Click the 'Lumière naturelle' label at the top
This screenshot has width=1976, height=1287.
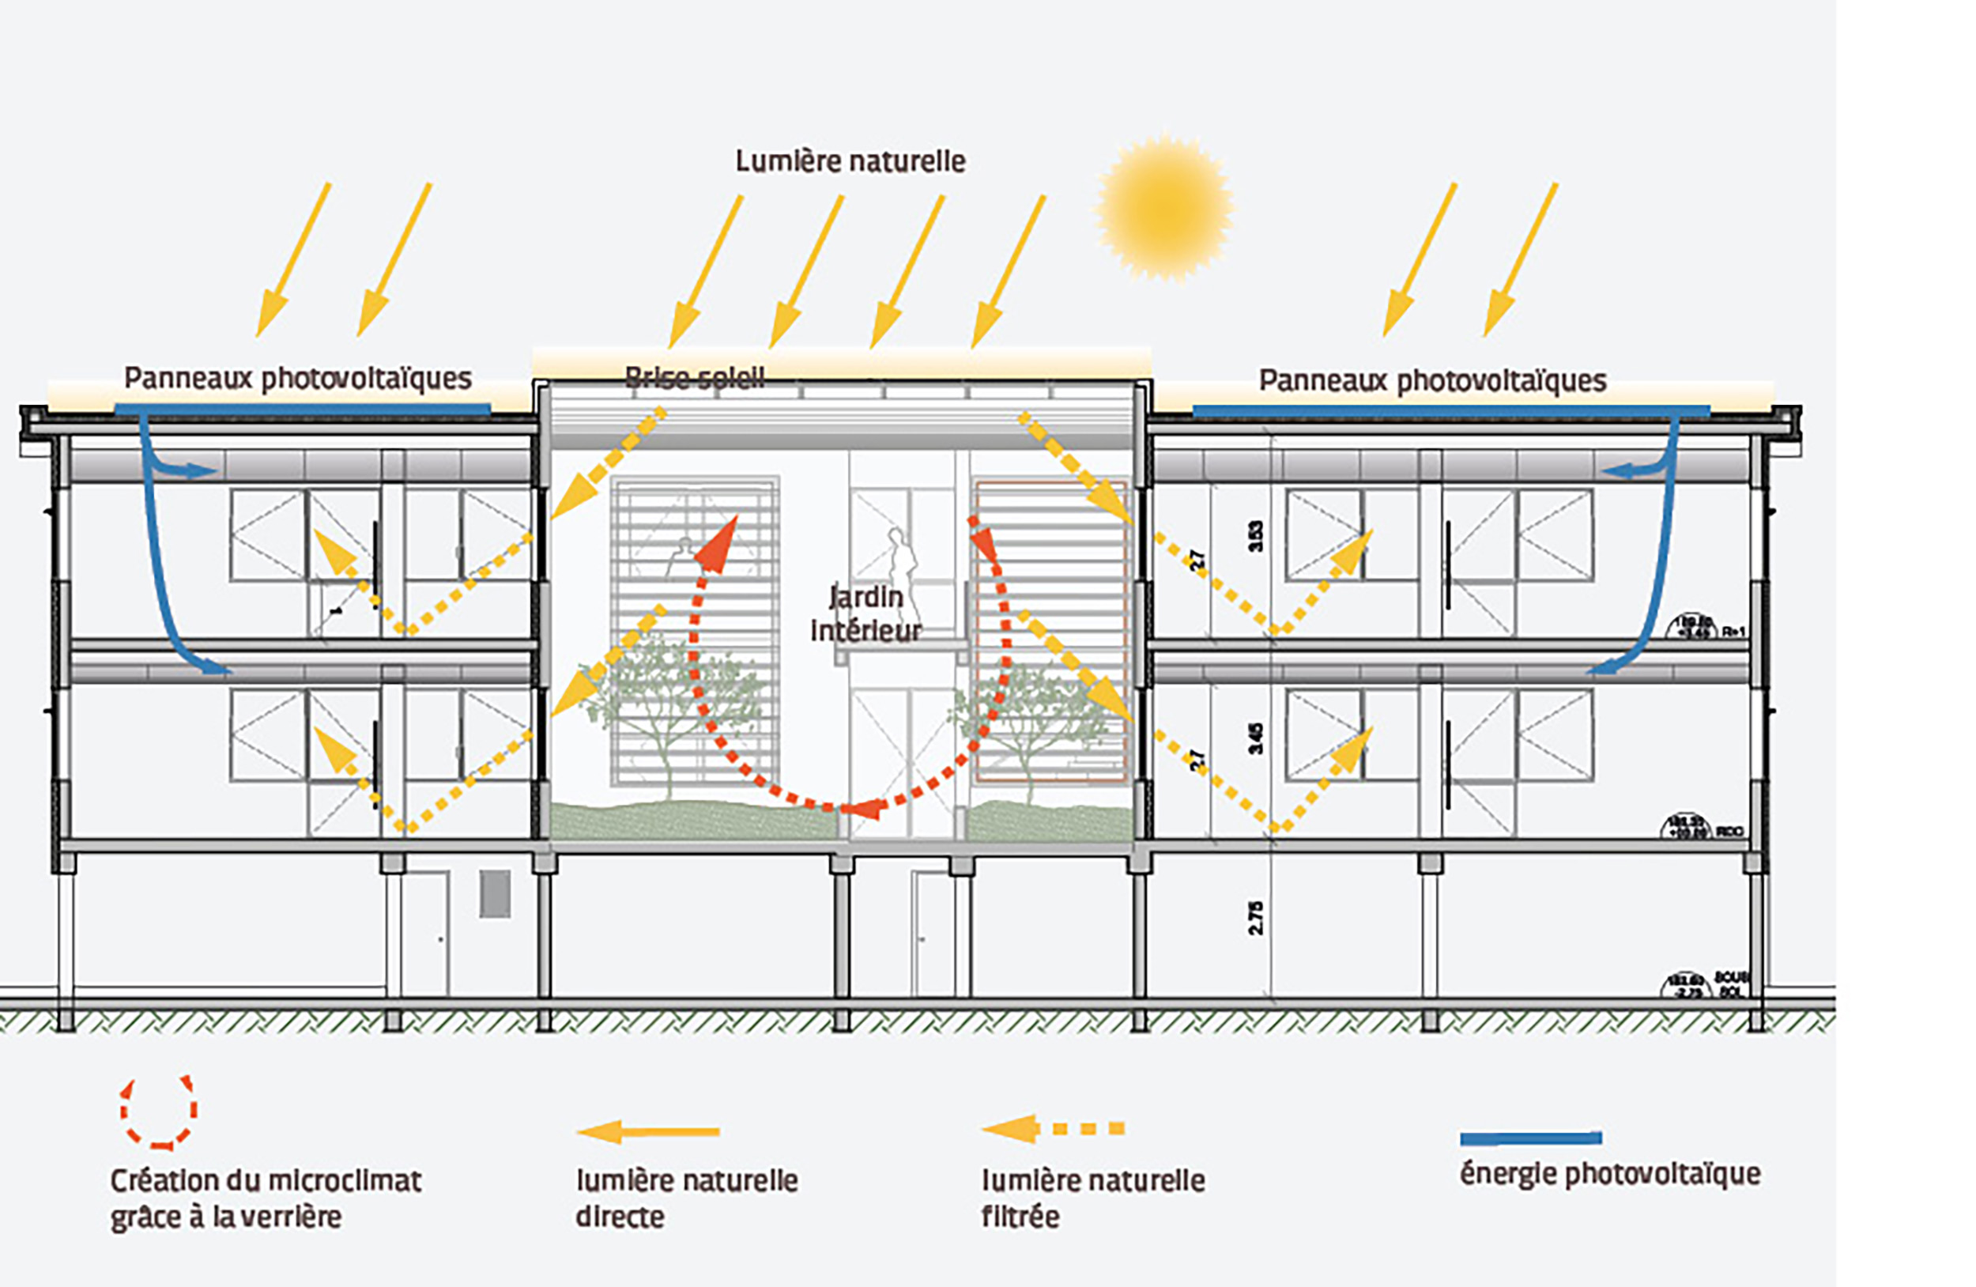(850, 161)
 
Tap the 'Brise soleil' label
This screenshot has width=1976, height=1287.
(694, 379)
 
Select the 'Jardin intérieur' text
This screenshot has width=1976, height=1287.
(865, 613)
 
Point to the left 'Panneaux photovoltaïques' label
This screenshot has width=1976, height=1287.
(297, 379)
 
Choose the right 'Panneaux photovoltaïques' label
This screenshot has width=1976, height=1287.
(1432, 381)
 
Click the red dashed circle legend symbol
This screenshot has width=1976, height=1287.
(159, 1111)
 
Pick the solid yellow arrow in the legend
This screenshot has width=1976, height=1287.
(647, 1131)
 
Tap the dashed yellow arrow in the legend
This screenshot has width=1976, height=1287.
(1053, 1128)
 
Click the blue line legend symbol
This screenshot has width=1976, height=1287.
(1530, 1138)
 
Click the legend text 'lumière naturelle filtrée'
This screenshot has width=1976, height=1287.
(1092, 1198)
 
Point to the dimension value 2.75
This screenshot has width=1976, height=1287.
(1255, 918)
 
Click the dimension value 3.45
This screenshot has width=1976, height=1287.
(1256, 738)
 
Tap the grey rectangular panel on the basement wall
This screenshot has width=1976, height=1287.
(495, 893)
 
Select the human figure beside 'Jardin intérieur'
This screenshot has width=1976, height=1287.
(901, 564)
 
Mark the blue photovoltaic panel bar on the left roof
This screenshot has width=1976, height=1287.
(302, 409)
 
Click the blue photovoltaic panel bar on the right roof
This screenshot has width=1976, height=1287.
(1450, 410)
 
